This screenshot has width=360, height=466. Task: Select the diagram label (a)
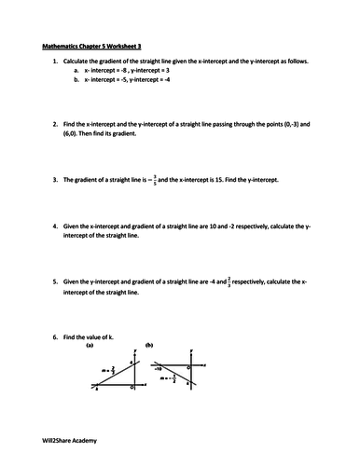90,344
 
